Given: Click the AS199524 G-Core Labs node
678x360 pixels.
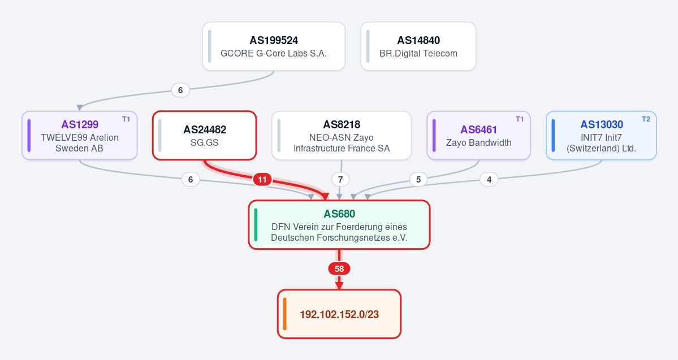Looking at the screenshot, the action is pos(274,46).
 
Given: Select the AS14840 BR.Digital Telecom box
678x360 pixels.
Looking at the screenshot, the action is pos(418,46).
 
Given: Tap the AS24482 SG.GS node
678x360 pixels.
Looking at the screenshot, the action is pos(205,135).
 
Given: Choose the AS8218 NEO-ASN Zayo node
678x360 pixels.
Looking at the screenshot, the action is pos(342,135).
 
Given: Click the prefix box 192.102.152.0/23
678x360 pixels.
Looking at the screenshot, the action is pos(339,314).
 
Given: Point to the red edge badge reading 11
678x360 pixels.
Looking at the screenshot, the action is pos(262,179).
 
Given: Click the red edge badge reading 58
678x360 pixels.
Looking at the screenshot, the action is pos(339,269).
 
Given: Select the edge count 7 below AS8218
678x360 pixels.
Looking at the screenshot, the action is pos(340,179).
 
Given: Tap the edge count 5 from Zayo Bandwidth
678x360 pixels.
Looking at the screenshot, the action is pos(418,179).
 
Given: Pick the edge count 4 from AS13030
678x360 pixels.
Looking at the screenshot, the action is pos(489,179).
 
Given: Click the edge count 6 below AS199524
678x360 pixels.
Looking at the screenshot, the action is pos(180,90).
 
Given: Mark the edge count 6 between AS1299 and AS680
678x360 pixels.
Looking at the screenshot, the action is pos(191,179).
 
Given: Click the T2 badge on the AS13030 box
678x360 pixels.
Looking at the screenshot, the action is pos(646,119).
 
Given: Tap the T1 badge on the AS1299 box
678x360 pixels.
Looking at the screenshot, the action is pos(126,119).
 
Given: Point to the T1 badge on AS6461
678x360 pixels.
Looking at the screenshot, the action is pos(519,119).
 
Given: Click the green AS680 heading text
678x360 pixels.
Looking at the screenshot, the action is pos(339,214).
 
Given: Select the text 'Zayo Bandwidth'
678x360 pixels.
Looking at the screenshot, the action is pos(478,142).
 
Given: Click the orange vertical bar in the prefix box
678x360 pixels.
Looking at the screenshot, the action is pos(285,314).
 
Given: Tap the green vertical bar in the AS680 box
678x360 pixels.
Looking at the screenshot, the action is pos(256,225).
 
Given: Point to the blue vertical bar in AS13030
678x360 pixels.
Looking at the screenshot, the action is pos(554,135).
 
